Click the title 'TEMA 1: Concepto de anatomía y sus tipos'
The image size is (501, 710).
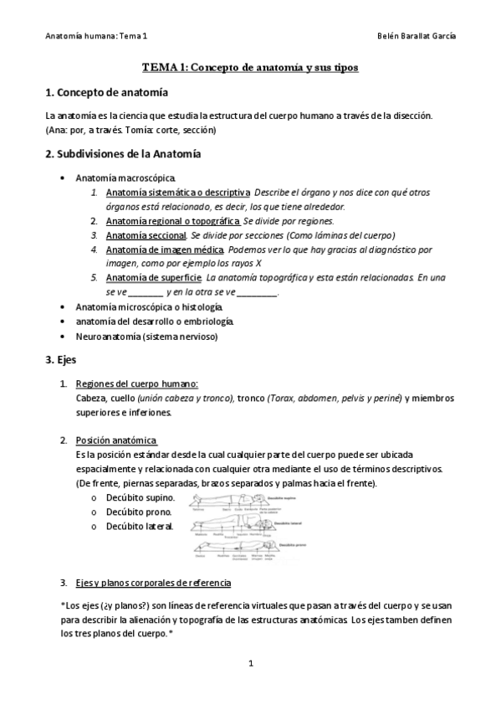(250, 67)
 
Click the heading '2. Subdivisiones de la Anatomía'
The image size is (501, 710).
(123, 154)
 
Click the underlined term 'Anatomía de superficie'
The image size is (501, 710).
(153, 278)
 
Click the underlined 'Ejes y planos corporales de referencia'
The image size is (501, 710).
(153, 582)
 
